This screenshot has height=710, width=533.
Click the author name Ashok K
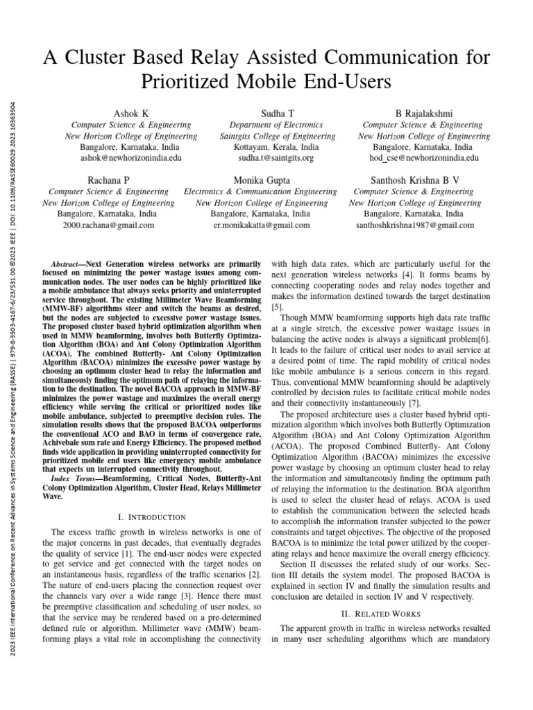(x=130, y=112)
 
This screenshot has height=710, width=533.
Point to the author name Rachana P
(x=109, y=180)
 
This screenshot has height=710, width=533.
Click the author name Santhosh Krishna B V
(x=415, y=180)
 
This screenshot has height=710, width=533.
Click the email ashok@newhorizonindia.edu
(x=130, y=158)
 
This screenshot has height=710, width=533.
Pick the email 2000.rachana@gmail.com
(x=109, y=225)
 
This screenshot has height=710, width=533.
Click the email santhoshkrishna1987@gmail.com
(x=415, y=225)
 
